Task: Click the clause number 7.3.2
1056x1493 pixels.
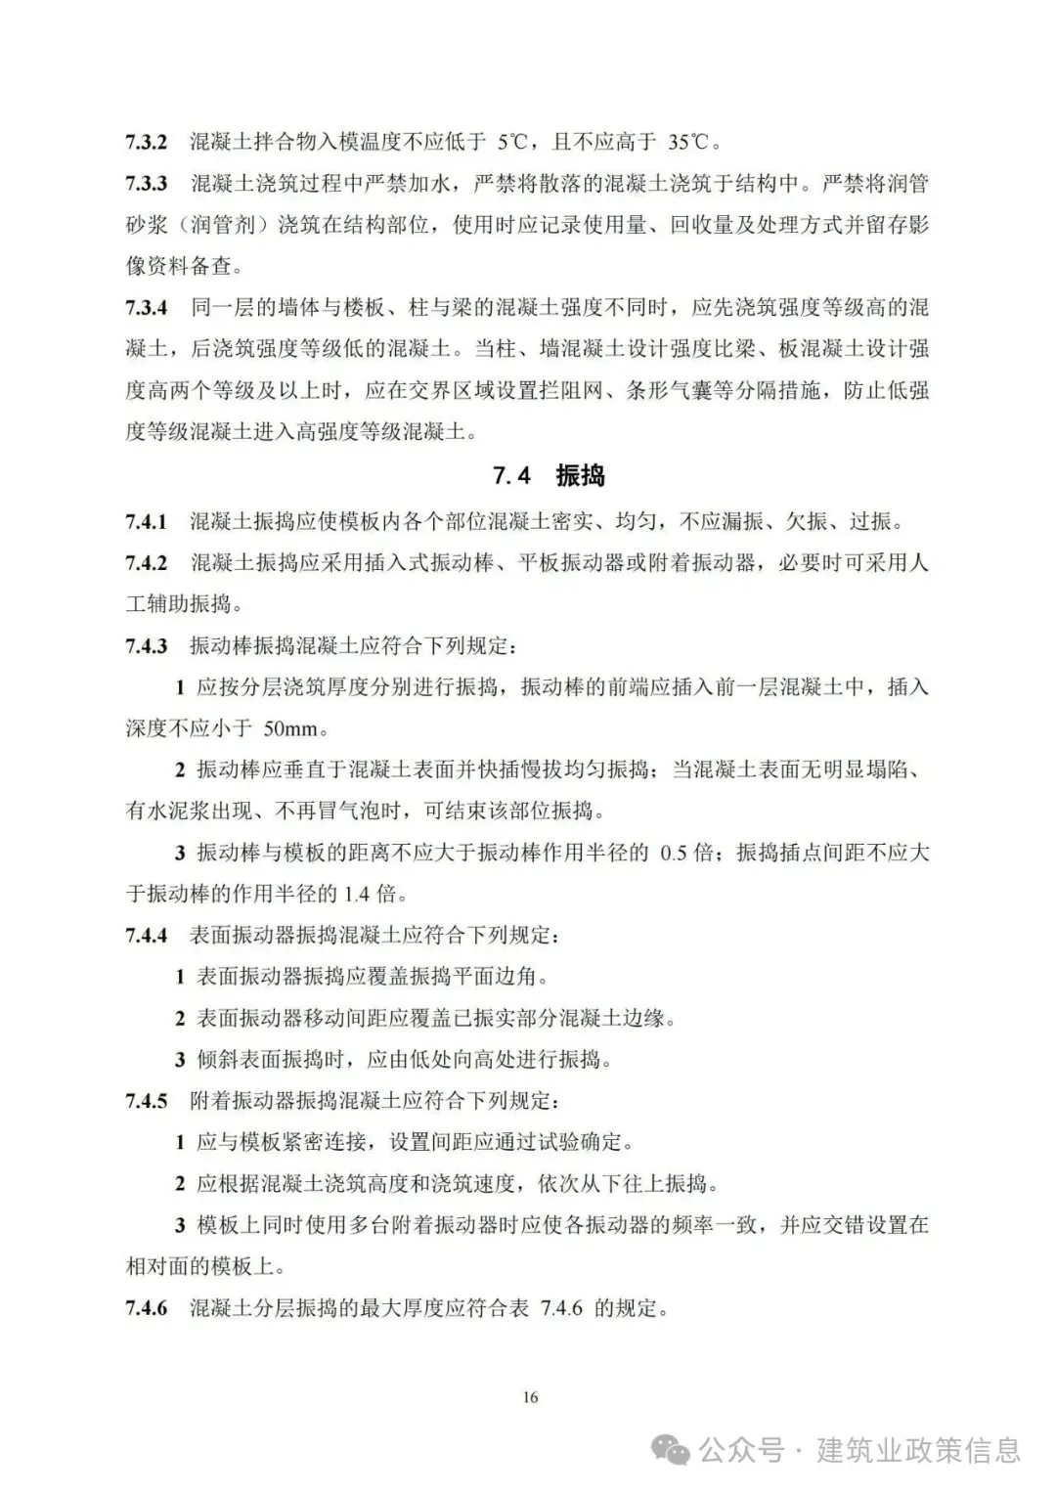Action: (x=146, y=142)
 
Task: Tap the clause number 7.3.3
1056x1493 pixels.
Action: (x=146, y=184)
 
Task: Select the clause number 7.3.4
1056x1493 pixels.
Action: (x=146, y=308)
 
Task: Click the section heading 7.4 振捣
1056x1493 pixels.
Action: (x=549, y=476)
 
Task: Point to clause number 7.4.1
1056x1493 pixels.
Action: (x=146, y=521)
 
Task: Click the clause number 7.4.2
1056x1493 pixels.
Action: (x=146, y=563)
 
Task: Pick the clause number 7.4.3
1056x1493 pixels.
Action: (x=146, y=646)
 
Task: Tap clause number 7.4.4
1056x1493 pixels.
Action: (x=146, y=936)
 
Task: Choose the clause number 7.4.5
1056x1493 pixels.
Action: (x=146, y=1101)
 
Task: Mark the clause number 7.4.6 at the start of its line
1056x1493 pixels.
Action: (x=146, y=1307)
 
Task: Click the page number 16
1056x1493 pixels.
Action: (x=529, y=1397)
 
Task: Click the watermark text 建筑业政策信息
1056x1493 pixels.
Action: (x=918, y=1449)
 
